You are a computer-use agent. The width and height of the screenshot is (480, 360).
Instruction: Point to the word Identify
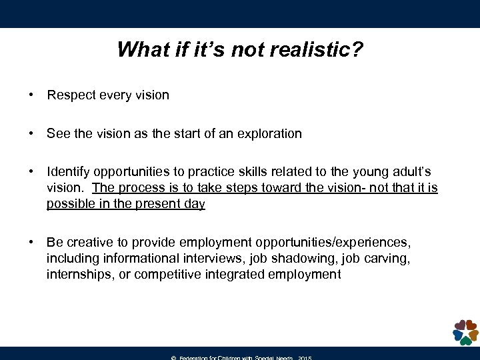coord(67,173)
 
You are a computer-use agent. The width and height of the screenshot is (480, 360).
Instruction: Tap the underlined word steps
coord(239,188)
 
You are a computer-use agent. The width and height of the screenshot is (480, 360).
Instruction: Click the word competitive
coord(165,275)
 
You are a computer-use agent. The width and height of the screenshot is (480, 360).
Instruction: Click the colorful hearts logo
coord(465,332)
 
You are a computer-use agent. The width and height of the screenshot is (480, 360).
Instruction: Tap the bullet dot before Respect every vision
coord(31,95)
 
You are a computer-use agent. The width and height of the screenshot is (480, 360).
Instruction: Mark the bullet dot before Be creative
coord(31,243)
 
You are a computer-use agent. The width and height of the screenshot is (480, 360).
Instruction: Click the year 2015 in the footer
coord(305,358)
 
